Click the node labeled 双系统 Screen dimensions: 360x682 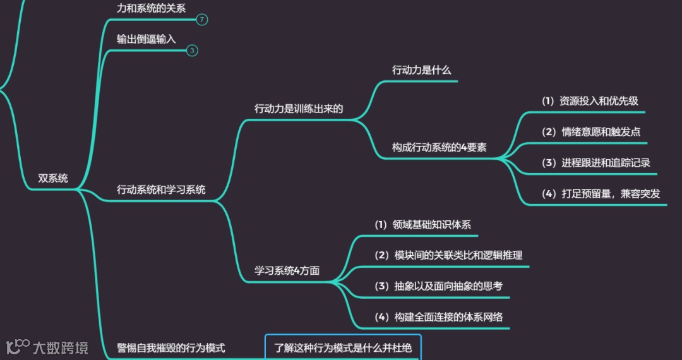(52, 178)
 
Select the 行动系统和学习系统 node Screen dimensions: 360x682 (161, 189)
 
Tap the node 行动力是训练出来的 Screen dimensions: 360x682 (299, 109)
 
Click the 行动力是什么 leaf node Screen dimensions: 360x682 (421, 70)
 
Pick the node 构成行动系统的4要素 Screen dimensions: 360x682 (439, 148)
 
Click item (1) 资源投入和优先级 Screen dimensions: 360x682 (590, 101)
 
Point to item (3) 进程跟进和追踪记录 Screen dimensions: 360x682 (596, 163)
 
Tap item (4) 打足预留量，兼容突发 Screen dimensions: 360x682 (601, 194)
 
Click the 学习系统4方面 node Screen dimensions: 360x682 (287, 271)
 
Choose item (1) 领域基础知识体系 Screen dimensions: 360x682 (422, 225)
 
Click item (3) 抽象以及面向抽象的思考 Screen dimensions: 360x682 (438, 286)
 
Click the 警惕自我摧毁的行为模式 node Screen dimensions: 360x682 (171, 348)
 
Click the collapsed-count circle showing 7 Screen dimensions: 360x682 (201, 20)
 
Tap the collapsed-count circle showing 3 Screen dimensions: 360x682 (193, 51)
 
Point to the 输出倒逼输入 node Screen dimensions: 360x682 (146, 39)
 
